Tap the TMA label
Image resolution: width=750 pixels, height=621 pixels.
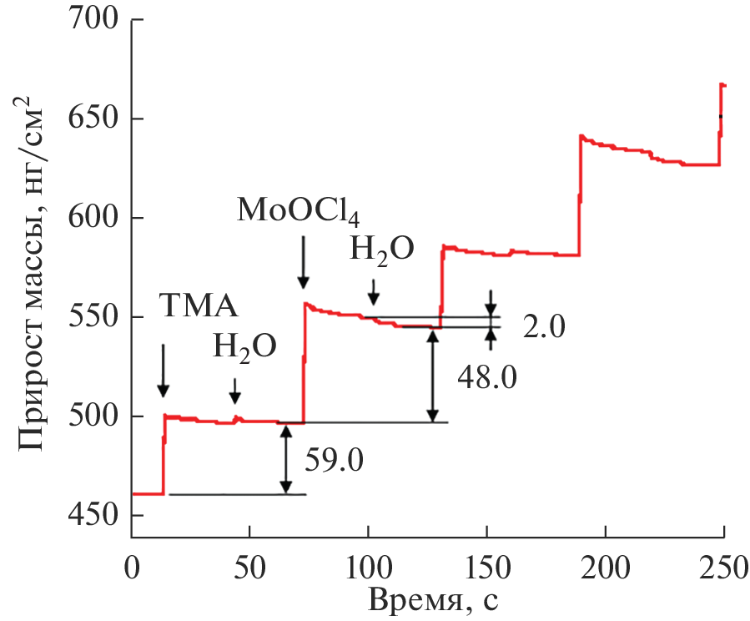(x=199, y=307)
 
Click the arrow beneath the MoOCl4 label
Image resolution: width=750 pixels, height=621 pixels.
(x=303, y=260)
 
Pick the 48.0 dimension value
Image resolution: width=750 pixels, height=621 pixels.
(x=487, y=378)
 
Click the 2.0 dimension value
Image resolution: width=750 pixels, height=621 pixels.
(x=545, y=326)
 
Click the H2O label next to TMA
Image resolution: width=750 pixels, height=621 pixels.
(x=243, y=346)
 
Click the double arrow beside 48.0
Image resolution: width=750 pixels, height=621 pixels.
(x=432, y=374)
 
